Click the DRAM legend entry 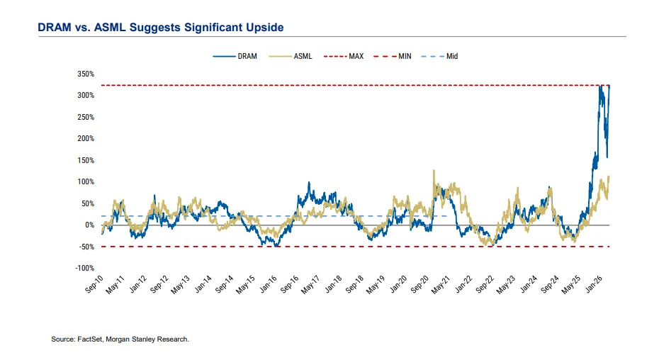pos(237,56)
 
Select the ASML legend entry pos(292,56)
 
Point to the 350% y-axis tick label pos(85,74)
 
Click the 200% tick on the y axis pos(85,138)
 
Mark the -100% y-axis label pos(84,268)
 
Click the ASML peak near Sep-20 pos(433,171)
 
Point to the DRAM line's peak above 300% pos(601,86)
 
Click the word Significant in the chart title pos(201,28)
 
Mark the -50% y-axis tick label pos(86,247)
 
